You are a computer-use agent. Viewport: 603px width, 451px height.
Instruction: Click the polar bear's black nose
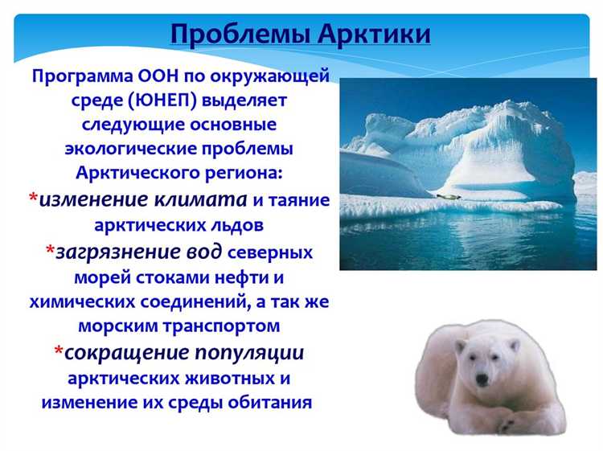tap(481, 379)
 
